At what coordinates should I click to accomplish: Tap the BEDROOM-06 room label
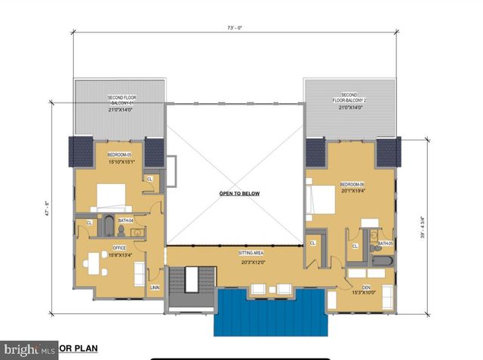[x=352, y=185]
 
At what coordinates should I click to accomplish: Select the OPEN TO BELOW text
[x=239, y=194]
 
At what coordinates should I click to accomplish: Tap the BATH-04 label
[x=125, y=220]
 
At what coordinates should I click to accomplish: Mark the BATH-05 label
[x=385, y=244]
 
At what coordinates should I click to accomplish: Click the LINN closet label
[x=155, y=288]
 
